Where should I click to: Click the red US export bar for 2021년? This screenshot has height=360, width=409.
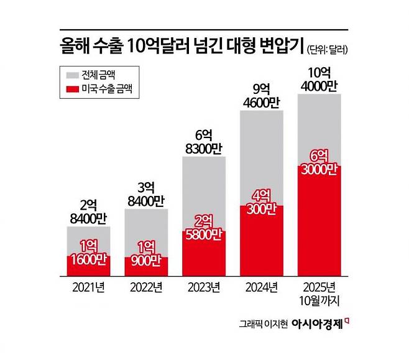(x=88, y=265)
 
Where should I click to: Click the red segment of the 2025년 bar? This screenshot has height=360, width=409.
(x=319, y=221)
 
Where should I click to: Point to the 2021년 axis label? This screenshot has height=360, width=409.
(x=88, y=288)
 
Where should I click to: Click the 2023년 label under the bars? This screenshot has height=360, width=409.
(x=204, y=288)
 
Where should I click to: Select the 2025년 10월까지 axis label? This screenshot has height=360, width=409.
(x=319, y=293)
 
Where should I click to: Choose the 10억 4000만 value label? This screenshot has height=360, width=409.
(x=319, y=79)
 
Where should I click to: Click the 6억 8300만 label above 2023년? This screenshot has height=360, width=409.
(x=204, y=142)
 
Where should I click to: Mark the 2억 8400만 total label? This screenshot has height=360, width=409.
(x=88, y=211)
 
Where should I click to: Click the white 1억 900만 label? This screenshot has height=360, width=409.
(x=146, y=254)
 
